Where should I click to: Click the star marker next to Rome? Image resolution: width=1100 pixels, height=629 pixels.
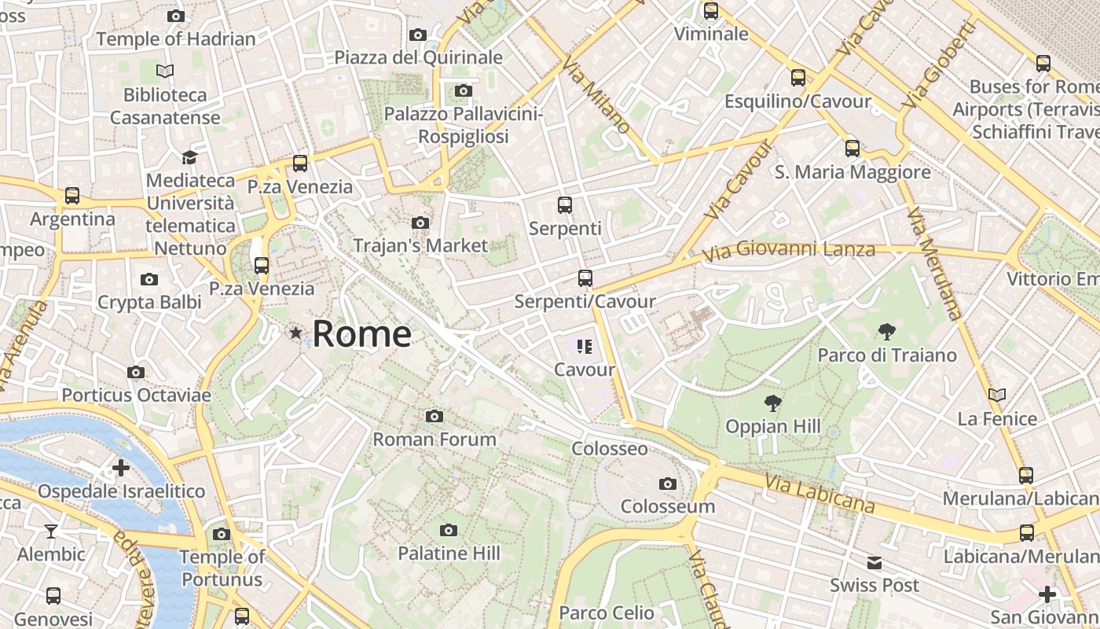click(x=295, y=333)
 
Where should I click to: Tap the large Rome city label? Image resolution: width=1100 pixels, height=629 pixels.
click(x=361, y=334)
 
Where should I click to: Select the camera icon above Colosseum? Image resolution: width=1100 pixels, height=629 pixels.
click(x=667, y=484)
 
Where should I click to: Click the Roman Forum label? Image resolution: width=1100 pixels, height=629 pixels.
click(x=434, y=439)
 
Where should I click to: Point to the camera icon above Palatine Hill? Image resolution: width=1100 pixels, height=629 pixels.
click(x=449, y=531)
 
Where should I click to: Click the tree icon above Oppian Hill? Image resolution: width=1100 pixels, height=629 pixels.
click(x=773, y=404)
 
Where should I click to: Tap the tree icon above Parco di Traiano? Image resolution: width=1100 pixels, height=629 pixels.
click(x=887, y=332)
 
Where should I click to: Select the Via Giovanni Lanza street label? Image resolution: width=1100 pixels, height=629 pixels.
click(x=788, y=252)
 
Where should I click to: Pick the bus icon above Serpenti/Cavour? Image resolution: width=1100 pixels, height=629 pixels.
click(x=585, y=278)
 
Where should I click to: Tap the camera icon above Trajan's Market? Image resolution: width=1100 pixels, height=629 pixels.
click(x=420, y=223)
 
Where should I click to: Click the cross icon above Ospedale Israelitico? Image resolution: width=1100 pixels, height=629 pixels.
click(x=121, y=469)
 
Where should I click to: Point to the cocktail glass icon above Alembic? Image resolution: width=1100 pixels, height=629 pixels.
click(x=51, y=532)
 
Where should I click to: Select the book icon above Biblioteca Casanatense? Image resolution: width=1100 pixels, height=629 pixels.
click(x=165, y=72)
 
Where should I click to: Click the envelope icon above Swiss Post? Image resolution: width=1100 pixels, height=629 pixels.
click(x=874, y=563)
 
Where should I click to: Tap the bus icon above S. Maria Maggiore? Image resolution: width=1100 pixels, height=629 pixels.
click(x=852, y=149)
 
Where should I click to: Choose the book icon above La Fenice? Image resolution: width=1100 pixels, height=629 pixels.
click(x=997, y=395)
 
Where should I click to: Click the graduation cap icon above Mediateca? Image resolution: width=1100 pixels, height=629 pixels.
click(x=189, y=157)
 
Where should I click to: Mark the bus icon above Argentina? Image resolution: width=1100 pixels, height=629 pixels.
click(x=72, y=196)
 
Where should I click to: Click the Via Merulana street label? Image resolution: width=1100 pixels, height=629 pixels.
click(x=934, y=263)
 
